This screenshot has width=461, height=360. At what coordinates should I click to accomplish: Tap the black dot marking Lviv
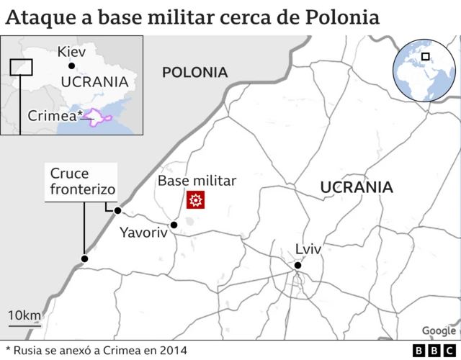point(297,266)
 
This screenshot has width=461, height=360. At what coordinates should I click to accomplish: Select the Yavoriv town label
point(143,233)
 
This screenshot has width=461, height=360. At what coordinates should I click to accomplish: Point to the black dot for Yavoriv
point(174,225)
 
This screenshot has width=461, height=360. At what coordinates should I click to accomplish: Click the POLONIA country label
point(194,72)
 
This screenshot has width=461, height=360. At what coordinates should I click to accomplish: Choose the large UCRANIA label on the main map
point(357,188)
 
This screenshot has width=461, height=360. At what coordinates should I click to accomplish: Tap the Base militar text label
point(197,181)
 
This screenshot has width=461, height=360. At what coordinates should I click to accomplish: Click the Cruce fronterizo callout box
point(81,182)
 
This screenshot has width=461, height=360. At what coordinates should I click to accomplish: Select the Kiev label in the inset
point(71,52)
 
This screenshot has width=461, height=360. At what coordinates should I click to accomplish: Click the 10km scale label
point(24,315)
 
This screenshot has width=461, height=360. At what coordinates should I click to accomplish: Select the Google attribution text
point(439,330)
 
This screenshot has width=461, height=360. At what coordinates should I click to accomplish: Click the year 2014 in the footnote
point(173,350)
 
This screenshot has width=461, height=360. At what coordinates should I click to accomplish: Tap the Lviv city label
point(308,249)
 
